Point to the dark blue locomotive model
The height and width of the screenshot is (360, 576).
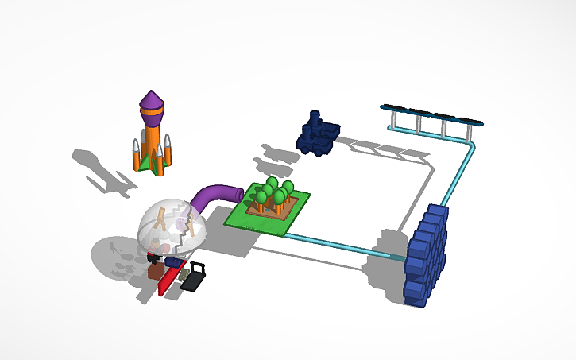(x=317, y=136)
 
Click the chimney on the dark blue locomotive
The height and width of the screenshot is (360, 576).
(x=315, y=118)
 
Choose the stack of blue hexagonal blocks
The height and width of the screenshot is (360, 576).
(x=426, y=254)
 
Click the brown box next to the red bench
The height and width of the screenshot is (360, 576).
(x=156, y=273)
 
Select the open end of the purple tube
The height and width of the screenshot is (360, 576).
(x=238, y=193)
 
